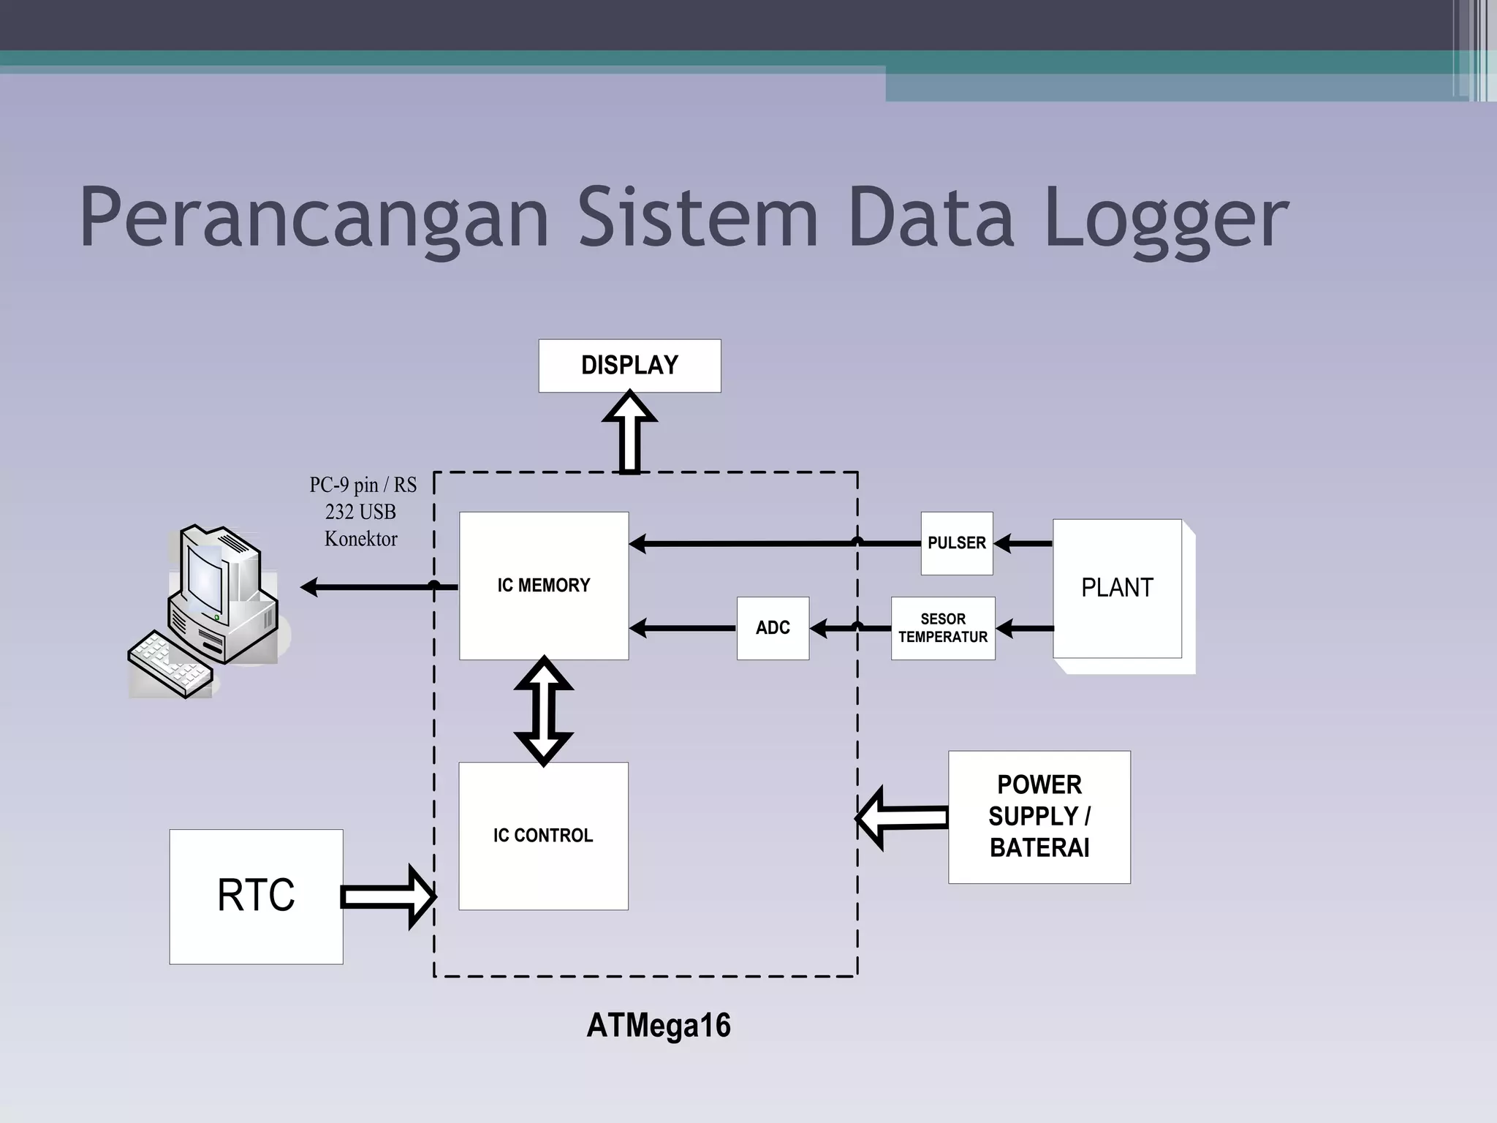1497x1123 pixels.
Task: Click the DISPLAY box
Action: coord(629,366)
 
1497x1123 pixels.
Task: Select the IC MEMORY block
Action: coord(543,586)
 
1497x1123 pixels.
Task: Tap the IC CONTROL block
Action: coord(543,836)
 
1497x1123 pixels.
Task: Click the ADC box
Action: coord(773,628)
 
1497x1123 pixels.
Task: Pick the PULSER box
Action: coord(956,543)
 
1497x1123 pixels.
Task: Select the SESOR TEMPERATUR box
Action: coord(943,628)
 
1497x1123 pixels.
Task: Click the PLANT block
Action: coord(1117,588)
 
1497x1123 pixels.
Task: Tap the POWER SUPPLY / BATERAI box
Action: coord(1039,817)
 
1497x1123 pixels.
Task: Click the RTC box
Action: coord(256,896)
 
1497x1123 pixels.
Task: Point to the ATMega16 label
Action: coord(659,1025)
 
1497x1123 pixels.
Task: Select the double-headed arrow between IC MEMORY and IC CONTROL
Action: coord(543,711)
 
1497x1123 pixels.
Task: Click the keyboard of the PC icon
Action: coord(170,664)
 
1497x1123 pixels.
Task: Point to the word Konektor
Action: coord(360,539)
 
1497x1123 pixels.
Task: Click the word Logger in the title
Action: coord(1166,218)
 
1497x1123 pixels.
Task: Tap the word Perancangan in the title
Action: coord(314,218)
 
